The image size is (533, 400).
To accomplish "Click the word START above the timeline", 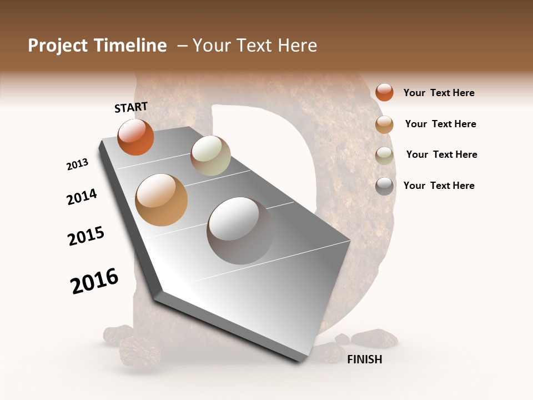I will pyautogui.click(x=131, y=107).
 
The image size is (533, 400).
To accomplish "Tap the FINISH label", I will pyautogui.click(x=365, y=359).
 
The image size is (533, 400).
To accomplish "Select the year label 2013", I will pyautogui.click(x=77, y=164).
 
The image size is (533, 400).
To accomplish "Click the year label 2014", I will pyautogui.click(x=82, y=197).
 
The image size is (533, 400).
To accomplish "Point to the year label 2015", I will pyautogui.click(x=86, y=236).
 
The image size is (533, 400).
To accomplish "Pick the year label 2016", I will pyautogui.click(x=94, y=281).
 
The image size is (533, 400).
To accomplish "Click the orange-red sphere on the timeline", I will pyautogui.click(x=135, y=137).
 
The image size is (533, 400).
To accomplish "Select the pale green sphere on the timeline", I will pyautogui.click(x=210, y=156).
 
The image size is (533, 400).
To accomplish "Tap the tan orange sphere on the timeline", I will pyautogui.click(x=162, y=200).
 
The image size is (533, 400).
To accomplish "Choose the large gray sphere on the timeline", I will pyautogui.click(x=240, y=231).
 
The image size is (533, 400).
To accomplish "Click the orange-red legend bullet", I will pyautogui.click(x=384, y=92).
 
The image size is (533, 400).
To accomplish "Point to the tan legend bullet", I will pyautogui.click(x=384, y=124).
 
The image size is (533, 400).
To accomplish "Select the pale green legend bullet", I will pyautogui.click(x=384, y=156).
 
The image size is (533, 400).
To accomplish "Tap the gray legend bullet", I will pyautogui.click(x=384, y=186).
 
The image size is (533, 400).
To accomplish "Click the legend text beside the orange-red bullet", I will pyautogui.click(x=439, y=93).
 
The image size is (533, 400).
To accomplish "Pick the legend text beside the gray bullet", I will pyautogui.click(x=439, y=186).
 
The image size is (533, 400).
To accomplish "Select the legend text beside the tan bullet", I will pyautogui.click(x=440, y=124).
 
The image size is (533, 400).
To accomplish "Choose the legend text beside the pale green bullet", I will pyautogui.click(x=441, y=154).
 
